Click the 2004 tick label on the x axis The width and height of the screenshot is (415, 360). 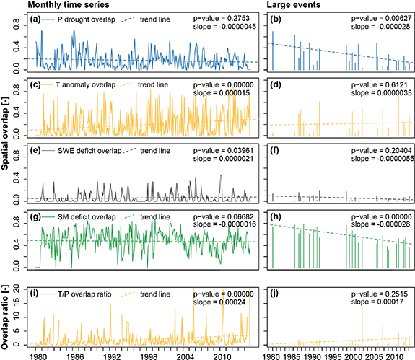click(x=185, y=355)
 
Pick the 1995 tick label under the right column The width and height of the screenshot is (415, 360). click(x=322, y=355)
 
